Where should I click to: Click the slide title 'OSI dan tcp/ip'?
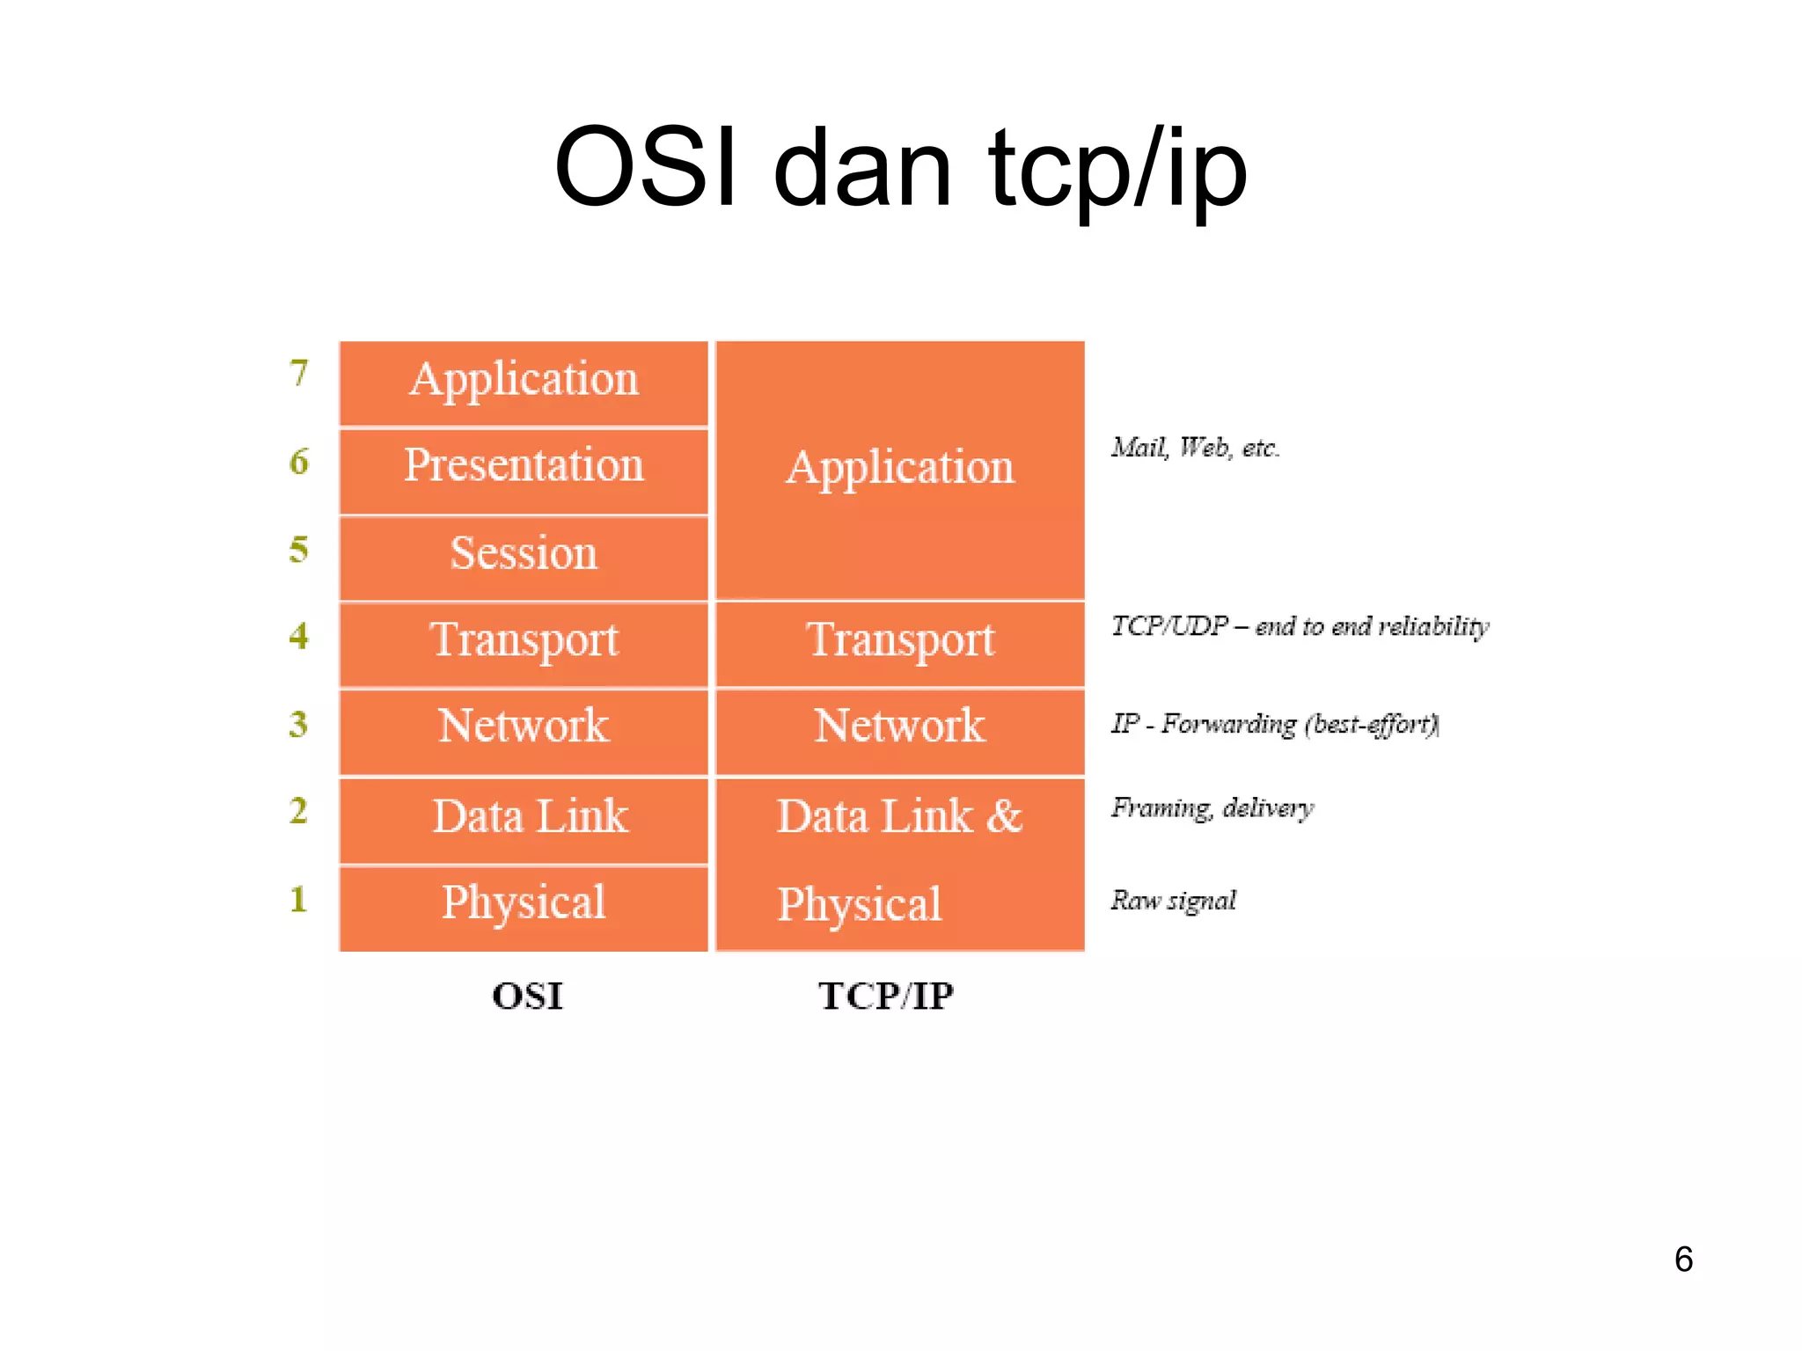coord(900,169)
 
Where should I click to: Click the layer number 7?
coord(299,373)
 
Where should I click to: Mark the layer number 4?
coord(299,635)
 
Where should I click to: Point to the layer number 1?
coord(299,899)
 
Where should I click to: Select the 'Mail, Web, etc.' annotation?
coord(1194,449)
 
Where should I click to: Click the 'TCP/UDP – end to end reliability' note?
coord(1299,627)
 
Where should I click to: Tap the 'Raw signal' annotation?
coord(1173,901)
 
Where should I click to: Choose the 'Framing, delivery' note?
coord(1212,808)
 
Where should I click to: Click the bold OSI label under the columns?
coord(527,997)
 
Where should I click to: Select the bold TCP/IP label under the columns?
coord(886,997)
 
